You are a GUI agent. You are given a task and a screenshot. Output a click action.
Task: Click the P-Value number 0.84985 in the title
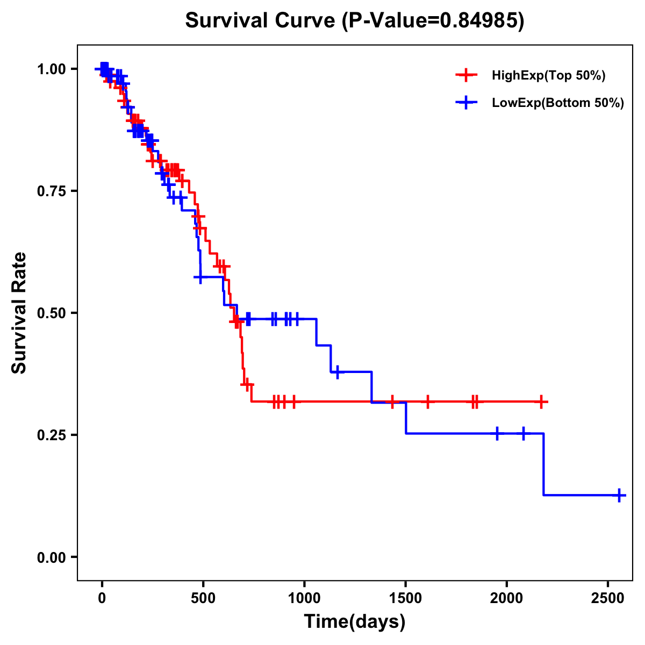click(479, 21)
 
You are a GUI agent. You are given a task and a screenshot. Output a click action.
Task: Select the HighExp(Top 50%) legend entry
click(548, 76)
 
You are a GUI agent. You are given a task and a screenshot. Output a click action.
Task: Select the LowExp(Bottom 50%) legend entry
click(557, 103)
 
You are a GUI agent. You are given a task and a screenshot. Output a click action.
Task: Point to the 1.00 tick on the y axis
click(51, 69)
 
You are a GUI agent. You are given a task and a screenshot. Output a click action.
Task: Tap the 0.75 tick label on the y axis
click(51, 191)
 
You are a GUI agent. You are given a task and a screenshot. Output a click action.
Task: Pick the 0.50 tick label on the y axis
click(51, 313)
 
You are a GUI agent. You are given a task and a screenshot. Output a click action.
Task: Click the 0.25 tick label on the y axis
click(51, 435)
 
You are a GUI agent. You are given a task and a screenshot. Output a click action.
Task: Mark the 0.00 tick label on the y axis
click(51, 557)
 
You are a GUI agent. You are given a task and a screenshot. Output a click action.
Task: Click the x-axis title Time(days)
click(355, 622)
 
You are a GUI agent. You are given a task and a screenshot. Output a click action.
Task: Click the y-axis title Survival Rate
click(20, 313)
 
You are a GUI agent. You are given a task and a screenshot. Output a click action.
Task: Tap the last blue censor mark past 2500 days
click(619, 495)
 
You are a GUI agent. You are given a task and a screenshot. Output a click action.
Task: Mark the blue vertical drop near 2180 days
click(543, 464)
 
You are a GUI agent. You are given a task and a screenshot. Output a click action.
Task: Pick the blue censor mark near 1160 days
click(337, 372)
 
